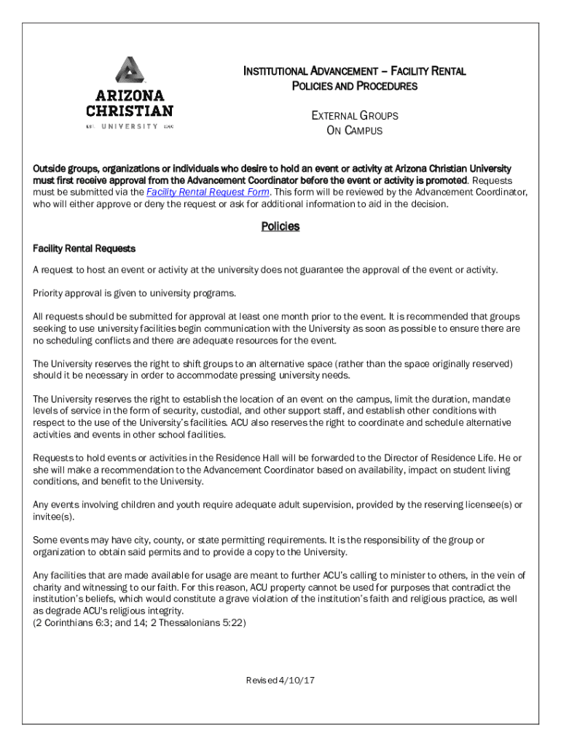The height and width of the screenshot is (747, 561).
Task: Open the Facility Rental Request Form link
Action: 208,193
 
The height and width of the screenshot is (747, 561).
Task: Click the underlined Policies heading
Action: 280,227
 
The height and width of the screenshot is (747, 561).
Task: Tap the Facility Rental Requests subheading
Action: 84,249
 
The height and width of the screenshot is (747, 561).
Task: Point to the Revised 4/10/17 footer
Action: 280,681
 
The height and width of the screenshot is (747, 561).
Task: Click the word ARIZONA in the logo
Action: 130,96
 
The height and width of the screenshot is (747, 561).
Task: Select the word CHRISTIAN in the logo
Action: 130,112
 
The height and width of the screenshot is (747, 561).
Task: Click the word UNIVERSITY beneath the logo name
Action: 129,126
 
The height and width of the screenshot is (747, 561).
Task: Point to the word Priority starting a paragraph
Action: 49,293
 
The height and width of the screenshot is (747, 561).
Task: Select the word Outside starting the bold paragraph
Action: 50,169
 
